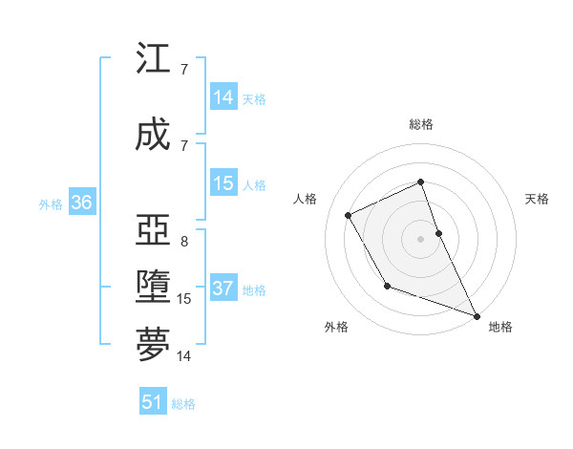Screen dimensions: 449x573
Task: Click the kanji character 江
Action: tap(153, 59)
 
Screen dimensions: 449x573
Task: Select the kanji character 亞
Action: tap(153, 230)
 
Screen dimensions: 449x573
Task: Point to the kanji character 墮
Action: tap(153, 288)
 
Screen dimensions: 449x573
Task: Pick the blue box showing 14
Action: tap(223, 97)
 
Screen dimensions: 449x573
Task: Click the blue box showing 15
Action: tap(223, 183)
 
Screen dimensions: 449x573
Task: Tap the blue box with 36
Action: tap(81, 203)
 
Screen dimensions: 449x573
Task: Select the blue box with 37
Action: tap(223, 289)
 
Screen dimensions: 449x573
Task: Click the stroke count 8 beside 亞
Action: tap(184, 242)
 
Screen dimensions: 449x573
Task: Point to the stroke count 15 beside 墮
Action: tap(184, 299)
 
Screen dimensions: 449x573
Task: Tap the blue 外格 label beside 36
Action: tap(51, 203)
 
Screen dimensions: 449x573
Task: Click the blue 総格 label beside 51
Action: tap(183, 404)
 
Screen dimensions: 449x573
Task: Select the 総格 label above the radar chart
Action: tap(420, 124)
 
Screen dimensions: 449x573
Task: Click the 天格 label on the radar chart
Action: tap(537, 199)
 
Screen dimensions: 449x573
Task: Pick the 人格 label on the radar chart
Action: tap(306, 199)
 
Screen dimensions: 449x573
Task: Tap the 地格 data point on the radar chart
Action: tap(477, 316)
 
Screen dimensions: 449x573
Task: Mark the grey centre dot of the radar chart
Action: tap(420, 238)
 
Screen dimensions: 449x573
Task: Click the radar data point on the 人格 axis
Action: tap(349, 215)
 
